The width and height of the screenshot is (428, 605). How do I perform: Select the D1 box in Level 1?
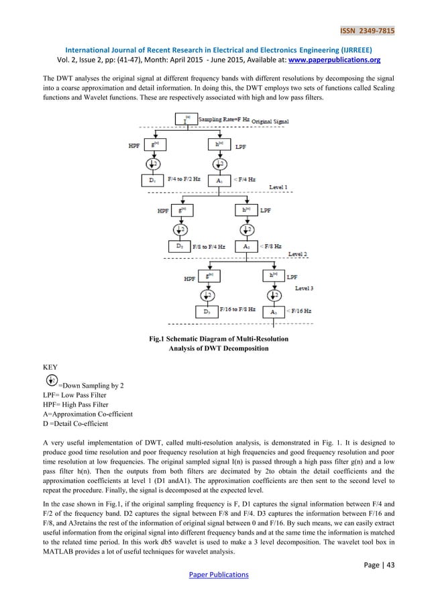point(152,180)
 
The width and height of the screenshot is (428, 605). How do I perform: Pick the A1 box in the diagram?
point(219,180)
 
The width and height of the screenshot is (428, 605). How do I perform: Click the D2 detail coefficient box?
point(179,247)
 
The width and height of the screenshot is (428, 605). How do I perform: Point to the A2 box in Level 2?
point(248,247)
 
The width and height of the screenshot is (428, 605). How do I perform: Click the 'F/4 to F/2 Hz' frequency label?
point(183,180)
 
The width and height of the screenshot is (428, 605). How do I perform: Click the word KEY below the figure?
point(50,368)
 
